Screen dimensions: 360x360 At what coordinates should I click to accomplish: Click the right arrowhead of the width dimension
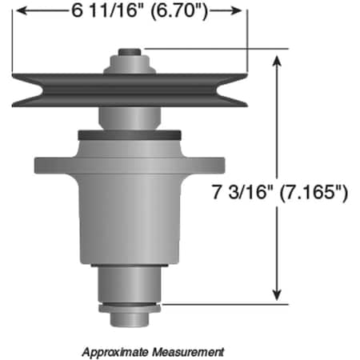[x=238, y=12]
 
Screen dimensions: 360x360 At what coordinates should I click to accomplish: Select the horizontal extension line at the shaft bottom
[x=224, y=304]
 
